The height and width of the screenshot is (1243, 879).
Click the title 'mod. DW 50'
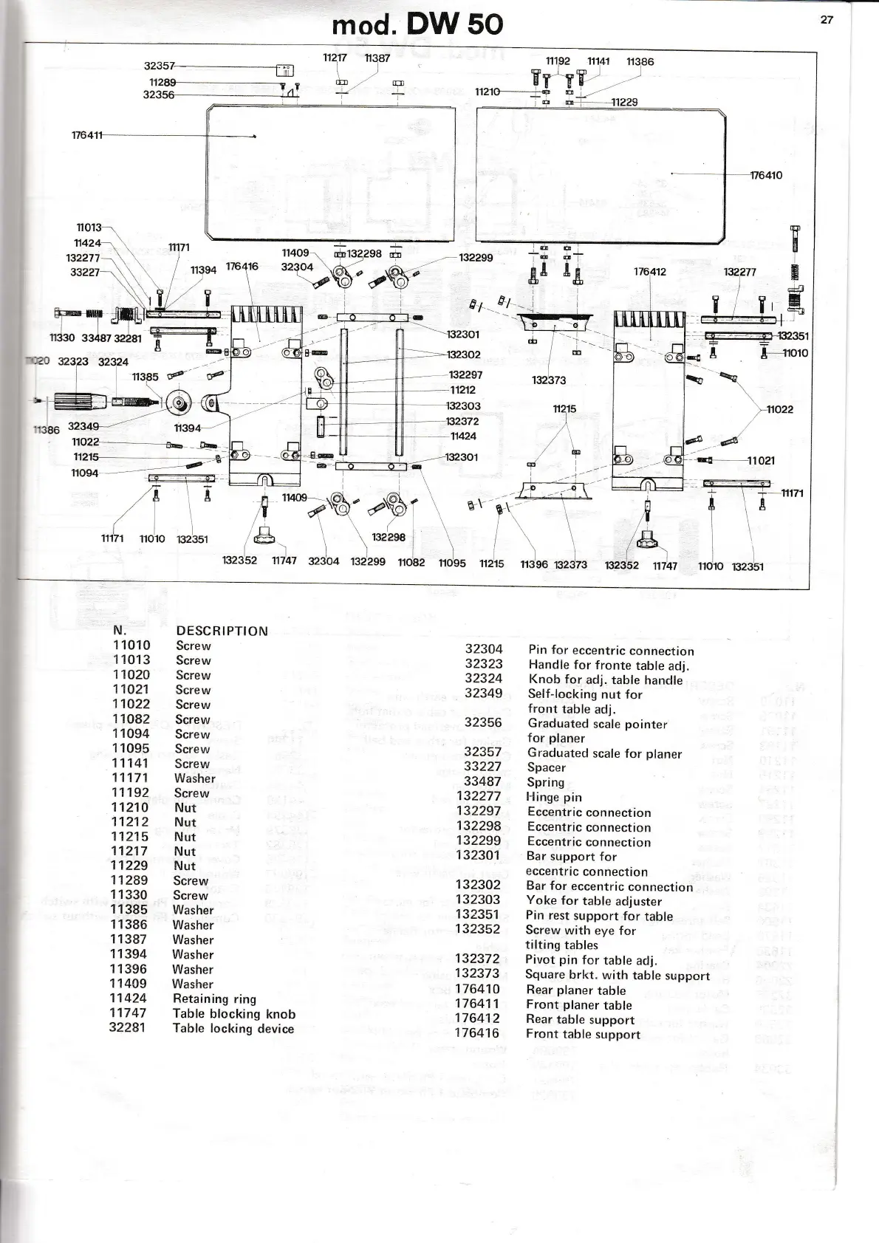click(417, 24)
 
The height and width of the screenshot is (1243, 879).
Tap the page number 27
click(827, 20)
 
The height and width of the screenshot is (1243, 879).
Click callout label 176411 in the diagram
click(87, 135)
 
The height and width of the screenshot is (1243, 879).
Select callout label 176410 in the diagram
click(766, 175)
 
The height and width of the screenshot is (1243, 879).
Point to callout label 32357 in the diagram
click(159, 66)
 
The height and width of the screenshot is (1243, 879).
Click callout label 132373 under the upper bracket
click(549, 380)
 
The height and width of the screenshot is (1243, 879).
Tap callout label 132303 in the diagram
click(463, 405)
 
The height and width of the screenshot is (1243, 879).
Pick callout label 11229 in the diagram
click(624, 102)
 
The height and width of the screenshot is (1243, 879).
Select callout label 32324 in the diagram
click(113, 362)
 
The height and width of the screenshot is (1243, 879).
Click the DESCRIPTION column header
click(222, 631)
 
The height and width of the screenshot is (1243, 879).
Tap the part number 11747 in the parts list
click(128, 1013)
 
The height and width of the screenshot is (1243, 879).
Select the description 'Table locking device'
click(233, 1028)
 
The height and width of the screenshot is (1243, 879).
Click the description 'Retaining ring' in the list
click(214, 999)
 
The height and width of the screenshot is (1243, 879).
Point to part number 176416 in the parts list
click(476, 1033)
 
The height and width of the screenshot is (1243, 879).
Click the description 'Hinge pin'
click(554, 797)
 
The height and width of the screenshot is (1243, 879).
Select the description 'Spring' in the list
click(546, 782)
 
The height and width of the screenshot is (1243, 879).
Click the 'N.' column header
click(120, 630)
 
